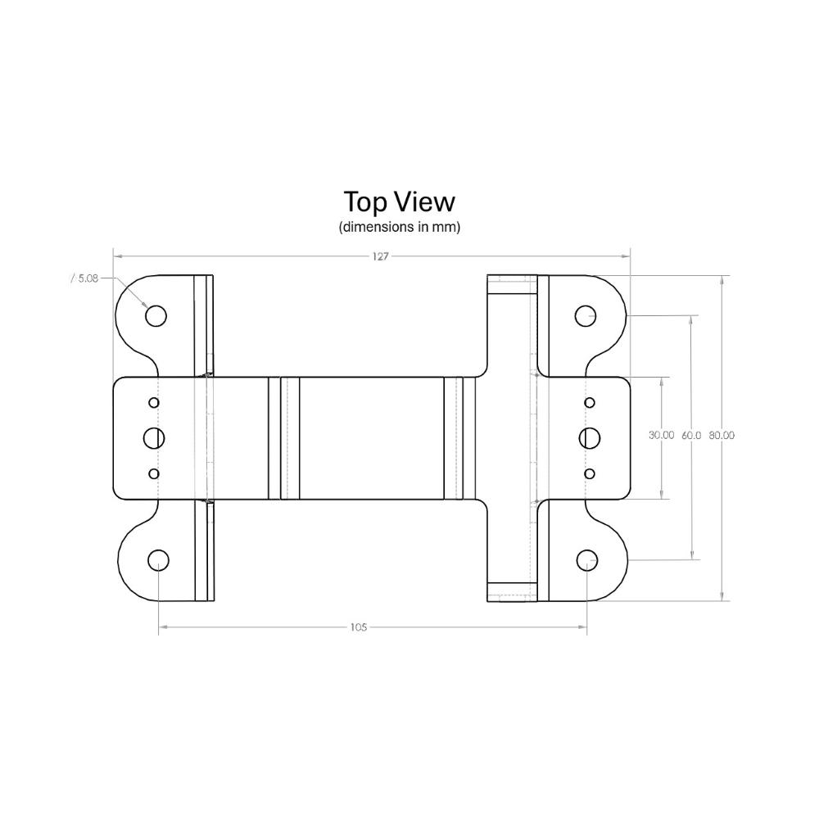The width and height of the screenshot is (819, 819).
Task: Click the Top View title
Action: coord(399,202)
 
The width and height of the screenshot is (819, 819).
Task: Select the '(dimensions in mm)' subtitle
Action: coord(399,227)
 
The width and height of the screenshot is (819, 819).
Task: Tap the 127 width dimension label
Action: coord(381,256)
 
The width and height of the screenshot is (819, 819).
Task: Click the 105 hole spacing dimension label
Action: coord(359,627)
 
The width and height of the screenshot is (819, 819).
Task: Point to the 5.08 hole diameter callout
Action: coord(84,278)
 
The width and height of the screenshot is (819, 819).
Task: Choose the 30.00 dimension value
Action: coord(661,435)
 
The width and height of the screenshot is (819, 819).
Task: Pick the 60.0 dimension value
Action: coord(691,435)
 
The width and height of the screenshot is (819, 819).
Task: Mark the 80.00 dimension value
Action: coord(722,435)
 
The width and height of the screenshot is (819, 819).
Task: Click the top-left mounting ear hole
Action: coord(156,316)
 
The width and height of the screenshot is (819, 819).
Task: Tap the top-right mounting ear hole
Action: coord(586,316)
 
